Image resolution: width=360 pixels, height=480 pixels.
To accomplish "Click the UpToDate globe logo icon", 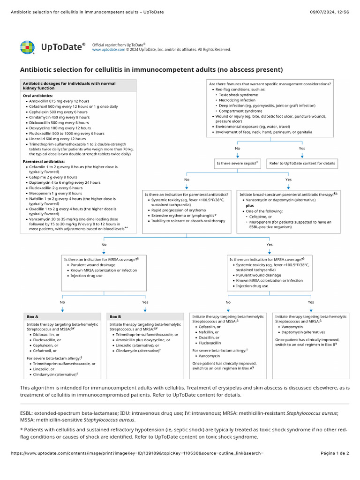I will tap(27, 47).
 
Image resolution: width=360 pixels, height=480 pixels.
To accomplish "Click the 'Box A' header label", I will tap(33, 317).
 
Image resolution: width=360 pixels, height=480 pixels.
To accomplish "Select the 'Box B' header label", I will tap(115, 317).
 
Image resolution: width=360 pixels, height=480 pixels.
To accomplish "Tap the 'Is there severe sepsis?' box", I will tap(237, 164).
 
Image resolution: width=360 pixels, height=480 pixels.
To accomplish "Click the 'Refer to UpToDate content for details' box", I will tap(302, 164).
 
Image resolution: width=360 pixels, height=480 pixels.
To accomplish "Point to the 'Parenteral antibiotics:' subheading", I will tap(44, 161).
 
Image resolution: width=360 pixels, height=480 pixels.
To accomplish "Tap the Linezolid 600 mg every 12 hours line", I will tap(57, 139).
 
